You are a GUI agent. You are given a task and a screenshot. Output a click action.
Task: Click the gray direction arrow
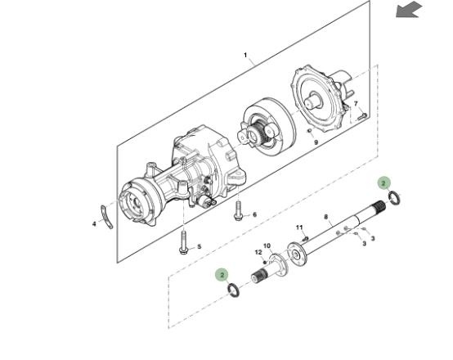(x=409, y=10)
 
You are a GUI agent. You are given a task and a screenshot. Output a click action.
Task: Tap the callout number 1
(x=245, y=55)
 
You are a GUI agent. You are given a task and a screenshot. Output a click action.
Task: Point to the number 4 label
(x=94, y=224)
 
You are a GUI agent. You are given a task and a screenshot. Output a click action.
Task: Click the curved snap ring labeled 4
(x=106, y=217)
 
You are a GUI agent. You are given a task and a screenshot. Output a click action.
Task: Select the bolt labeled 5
(x=183, y=242)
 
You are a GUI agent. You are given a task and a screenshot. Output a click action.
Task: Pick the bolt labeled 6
(x=238, y=211)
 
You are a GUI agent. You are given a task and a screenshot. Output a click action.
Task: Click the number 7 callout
(x=356, y=104)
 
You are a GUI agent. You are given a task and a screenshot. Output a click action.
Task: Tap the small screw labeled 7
(x=362, y=116)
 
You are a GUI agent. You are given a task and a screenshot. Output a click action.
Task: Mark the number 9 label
(x=316, y=142)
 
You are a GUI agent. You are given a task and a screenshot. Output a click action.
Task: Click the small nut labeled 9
(x=309, y=131)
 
